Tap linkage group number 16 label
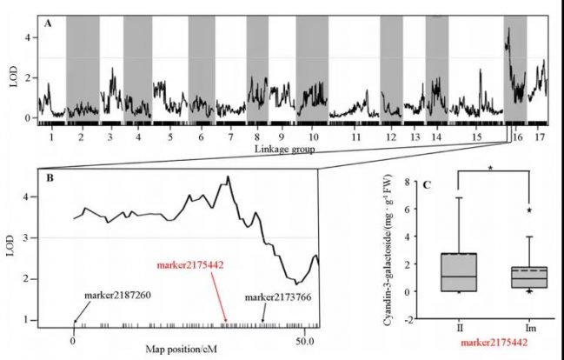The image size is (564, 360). [x=518, y=138]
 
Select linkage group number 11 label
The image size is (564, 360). [x=357, y=138]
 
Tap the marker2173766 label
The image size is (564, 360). [x=279, y=299]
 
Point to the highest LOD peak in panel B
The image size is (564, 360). [x=228, y=177]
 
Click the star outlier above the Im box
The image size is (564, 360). [x=528, y=210]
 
